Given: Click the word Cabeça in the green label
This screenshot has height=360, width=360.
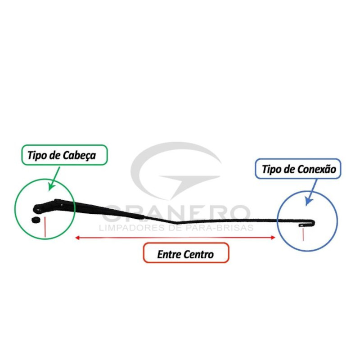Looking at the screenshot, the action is point(79,156).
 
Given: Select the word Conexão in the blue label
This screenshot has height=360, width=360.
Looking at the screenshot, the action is point(317,170).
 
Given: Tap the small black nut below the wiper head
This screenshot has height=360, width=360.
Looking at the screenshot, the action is point(36,220).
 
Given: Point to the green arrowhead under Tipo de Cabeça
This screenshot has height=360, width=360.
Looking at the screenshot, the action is point(51,186).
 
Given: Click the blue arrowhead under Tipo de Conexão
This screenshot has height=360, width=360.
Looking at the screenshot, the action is point(308,201).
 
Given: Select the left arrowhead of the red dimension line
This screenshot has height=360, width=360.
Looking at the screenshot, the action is point(77,238).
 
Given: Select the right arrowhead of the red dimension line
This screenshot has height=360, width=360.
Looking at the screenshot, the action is point(273,238).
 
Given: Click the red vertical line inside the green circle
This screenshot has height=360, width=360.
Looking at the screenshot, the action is point(45,227).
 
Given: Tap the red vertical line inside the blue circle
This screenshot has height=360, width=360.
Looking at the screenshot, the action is point(303,234).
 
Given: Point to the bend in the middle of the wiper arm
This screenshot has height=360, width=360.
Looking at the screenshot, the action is point(176,222).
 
